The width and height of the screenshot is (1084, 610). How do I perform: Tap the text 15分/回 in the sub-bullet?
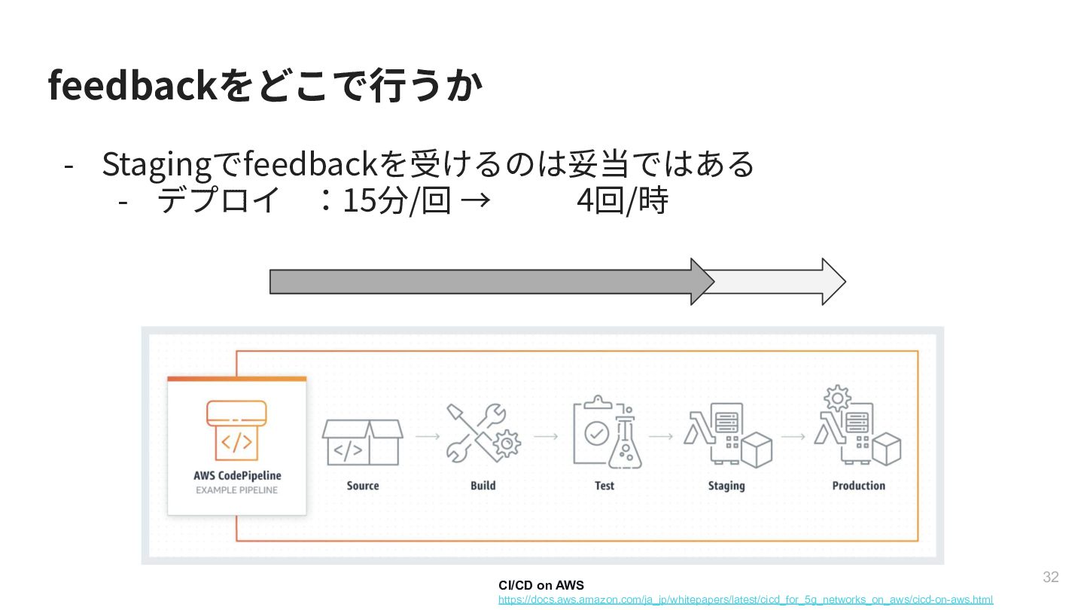pos(396,201)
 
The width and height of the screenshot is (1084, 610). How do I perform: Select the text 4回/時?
pos(622,201)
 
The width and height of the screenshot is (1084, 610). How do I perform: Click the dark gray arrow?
pos(482,282)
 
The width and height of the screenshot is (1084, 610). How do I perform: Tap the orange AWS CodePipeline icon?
pos(236,430)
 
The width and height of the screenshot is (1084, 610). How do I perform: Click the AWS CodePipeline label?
pos(237,475)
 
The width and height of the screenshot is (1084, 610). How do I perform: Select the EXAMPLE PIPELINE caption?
pos(237,490)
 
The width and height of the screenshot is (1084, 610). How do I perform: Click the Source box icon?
pos(362,442)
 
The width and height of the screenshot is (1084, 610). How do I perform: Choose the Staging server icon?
pos(727,435)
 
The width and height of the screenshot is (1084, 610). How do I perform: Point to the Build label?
pos(483,486)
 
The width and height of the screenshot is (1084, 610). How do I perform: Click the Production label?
pos(858,486)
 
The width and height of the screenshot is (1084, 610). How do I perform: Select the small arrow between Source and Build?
pos(428,436)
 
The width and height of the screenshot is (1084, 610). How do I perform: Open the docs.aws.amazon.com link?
pos(745,600)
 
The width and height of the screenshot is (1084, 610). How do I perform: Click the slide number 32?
pos(1050,578)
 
